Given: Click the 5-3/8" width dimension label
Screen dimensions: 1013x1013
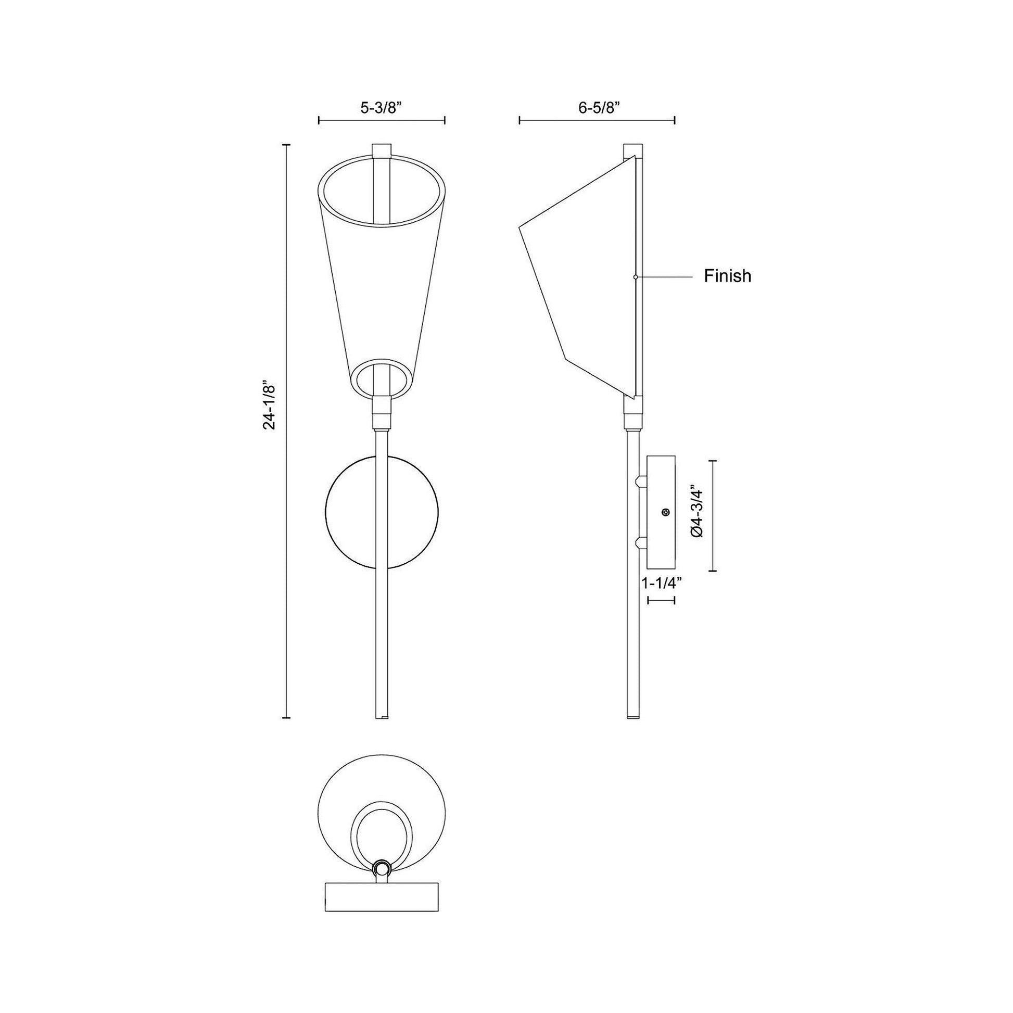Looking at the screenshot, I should point(381,108).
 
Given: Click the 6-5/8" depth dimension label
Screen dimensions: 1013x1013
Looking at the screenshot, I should point(599,108).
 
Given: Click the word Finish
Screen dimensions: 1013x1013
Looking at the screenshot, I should point(727,276).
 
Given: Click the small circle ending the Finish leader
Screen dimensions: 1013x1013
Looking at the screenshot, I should point(636,276).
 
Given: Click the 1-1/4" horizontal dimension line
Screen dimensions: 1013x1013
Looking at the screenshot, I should point(661,600).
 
